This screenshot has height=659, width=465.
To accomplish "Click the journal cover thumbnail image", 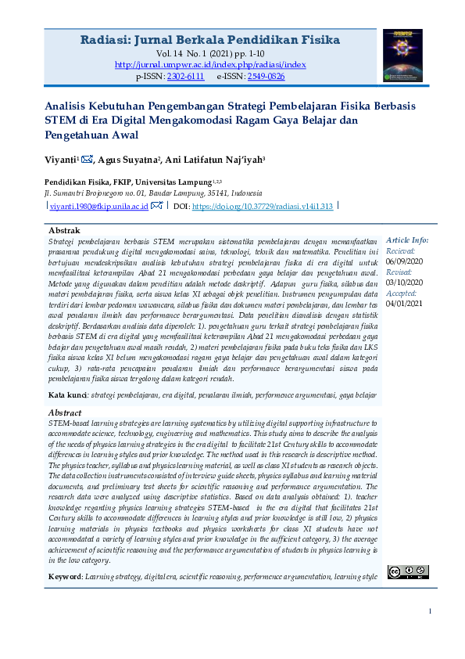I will pyautogui.click(x=402, y=56).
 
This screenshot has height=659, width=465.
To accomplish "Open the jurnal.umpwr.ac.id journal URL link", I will pyautogui.click(x=210, y=65).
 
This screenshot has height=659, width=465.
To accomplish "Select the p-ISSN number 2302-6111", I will pyautogui.click(x=185, y=77).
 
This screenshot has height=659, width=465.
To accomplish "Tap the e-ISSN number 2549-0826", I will pyautogui.click(x=265, y=77).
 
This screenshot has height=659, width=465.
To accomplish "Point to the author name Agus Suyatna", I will pyautogui.click(x=130, y=160).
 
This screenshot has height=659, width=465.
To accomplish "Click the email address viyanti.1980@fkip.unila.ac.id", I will pyautogui.click(x=99, y=206).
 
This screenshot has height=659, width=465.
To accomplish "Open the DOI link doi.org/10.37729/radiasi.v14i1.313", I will pyautogui.click(x=262, y=206).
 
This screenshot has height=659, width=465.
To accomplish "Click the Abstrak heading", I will pyautogui.click(x=64, y=232).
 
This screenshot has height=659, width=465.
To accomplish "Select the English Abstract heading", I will pyautogui.click(x=65, y=412).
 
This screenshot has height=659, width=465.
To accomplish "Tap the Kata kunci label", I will pyautogui.click(x=67, y=395).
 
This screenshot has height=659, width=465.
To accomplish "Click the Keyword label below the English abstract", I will pyautogui.click(x=65, y=577).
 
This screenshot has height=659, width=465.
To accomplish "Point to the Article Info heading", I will pyautogui.click(x=407, y=240).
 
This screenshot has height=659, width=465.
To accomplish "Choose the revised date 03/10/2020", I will pyautogui.click(x=404, y=282).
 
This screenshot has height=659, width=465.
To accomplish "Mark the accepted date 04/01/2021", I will pyautogui.click(x=404, y=302).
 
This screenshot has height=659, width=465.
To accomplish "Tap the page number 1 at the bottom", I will pyautogui.click(x=430, y=611).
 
